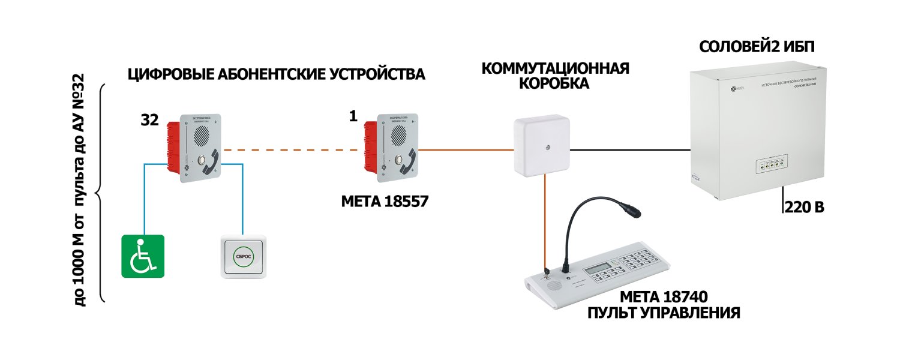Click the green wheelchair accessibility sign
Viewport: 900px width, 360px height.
point(143,256)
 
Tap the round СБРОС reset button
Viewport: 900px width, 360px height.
point(243,256)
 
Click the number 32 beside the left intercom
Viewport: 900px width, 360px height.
point(149,120)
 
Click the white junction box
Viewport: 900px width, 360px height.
point(541,147)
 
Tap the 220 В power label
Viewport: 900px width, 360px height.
point(804,208)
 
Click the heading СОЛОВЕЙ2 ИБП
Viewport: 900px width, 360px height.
point(757,47)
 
